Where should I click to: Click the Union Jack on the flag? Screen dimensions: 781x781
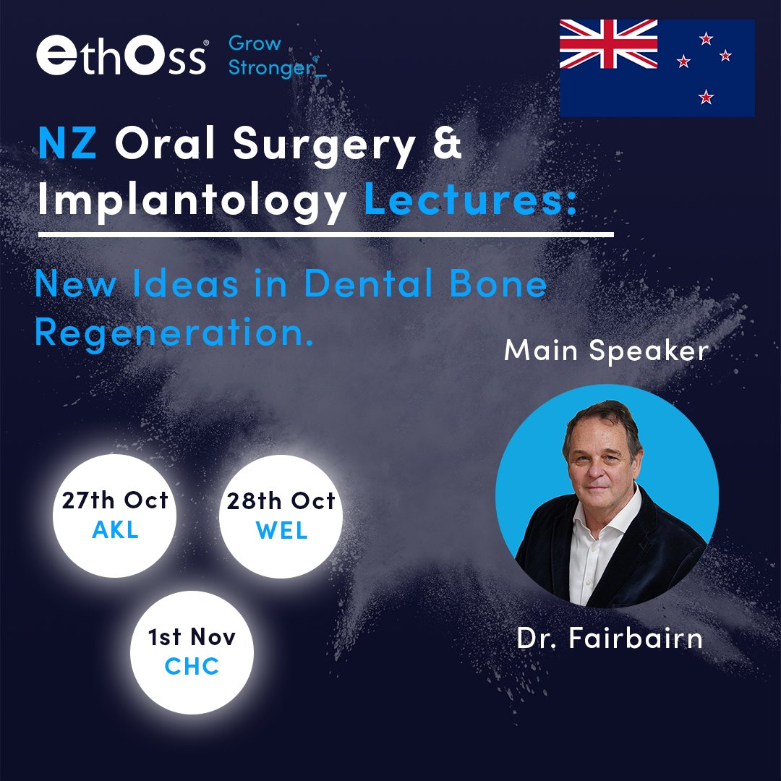pyautogui.click(x=608, y=44)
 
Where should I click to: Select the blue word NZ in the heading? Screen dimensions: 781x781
pyautogui.click(x=67, y=145)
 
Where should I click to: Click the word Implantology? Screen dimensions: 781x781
pyautogui.click(x=192, y=199)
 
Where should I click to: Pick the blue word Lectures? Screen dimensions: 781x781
pyautogui.click(x=470, y=198)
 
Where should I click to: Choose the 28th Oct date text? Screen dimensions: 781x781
pyautogui.click(x=281, y=501)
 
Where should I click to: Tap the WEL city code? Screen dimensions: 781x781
pyautogui.click(x=281, y=531)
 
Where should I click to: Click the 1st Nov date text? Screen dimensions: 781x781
pyautogui.click(x=192, y=637)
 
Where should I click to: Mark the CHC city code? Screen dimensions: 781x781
pyautogui.click(x=192, y=666)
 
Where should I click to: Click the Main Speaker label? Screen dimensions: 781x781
pyautogui.click(x=606, y=351)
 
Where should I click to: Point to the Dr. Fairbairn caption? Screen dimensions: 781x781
pyautogui.click(x=610, y=638)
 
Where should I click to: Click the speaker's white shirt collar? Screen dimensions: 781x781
pyautogui.click(x=606, y=517)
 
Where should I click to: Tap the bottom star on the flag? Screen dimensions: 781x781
pyautogui.click(x=707, y=96)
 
